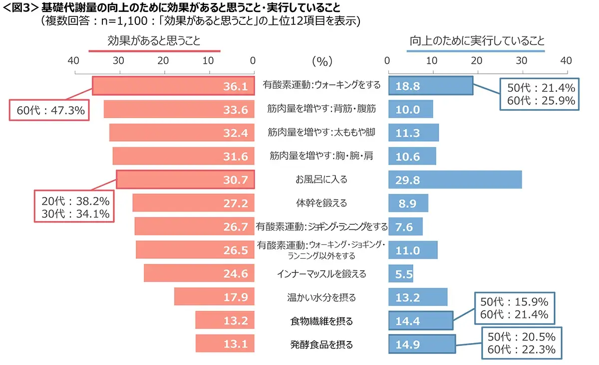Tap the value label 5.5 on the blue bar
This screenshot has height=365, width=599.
(404, 274)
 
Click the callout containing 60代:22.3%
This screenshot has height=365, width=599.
(522, 343)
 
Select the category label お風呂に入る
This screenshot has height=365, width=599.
(321, 180)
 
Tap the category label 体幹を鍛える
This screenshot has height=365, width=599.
(321, 203)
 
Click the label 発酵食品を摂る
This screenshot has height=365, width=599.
(321, 345)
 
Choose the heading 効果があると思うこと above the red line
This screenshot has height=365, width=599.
(154, 41)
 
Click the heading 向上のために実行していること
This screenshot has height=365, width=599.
(477, 41)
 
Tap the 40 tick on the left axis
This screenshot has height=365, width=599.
(73, 61)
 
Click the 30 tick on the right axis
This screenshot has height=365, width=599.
(522, 61)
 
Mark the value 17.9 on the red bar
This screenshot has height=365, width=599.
(236, 298)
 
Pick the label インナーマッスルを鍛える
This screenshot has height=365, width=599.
(321, 274)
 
